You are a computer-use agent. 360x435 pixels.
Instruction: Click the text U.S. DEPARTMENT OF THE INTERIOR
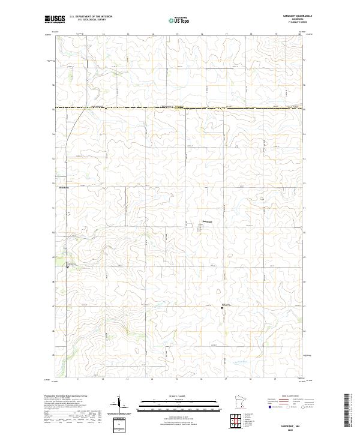91,17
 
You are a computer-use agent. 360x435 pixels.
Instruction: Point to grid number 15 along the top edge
177,34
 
